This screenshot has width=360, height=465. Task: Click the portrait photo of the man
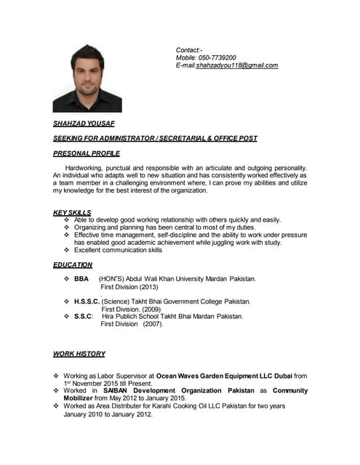click(87, 78)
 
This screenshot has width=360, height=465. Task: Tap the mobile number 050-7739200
click(216, 57)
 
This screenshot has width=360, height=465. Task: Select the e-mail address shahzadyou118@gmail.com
click(237, 65)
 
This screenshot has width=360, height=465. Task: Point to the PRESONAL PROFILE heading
click(87, 153)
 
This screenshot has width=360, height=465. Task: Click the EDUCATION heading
click(73, 265)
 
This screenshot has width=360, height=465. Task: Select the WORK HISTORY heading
click(79, 354)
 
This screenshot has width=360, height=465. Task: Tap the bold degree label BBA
click(81, 279)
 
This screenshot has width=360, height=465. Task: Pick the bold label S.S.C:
click(84, 316)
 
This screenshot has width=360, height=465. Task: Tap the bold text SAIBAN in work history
click(108, 390)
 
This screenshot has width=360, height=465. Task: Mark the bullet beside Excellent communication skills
click(66, 250)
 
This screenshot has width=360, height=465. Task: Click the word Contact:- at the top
click(189, 49)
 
